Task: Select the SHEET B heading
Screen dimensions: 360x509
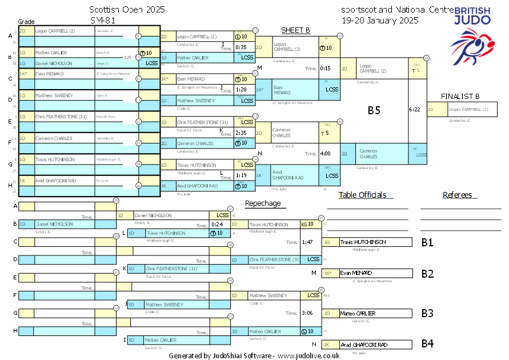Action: coord(295,30)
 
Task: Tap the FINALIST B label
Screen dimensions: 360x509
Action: coord(460,96)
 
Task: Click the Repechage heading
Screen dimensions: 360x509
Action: coord(263,203)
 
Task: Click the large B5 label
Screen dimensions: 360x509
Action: coord(374,110)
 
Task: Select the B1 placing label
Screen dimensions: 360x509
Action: coord(427,242)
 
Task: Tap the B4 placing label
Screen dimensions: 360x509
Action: coord(427,344)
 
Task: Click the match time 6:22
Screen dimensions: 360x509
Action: coord(415,109)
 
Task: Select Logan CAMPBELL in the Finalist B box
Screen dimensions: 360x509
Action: coord(468,109)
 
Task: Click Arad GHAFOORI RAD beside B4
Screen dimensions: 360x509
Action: coord(364,345)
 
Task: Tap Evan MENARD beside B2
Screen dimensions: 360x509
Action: coord(356,273)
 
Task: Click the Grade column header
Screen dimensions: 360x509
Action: coord(26,21)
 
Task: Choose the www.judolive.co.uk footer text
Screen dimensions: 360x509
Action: coord(308,355)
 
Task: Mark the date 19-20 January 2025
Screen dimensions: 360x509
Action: coord(380,19)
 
